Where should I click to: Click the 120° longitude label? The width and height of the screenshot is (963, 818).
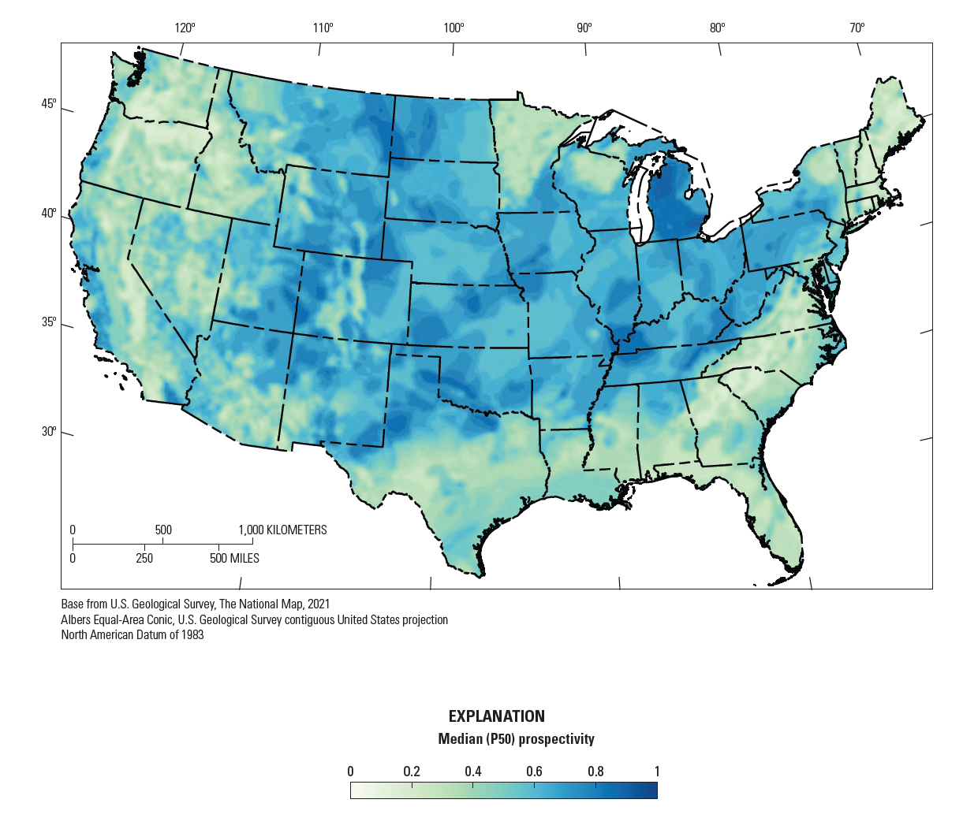click(x=185, y=28)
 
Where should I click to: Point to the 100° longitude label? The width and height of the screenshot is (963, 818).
click(x=454, y=28)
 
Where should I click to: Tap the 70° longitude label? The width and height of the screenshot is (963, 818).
click(x=857, y=28)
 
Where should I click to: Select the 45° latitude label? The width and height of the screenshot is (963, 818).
click(x=49, y=104)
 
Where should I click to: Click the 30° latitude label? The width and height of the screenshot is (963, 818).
click(x=49, y=432)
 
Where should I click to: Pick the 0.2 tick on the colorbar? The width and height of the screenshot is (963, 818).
click(x=412, y=772)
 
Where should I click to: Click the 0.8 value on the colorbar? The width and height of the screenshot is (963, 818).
click(x=595, y=772)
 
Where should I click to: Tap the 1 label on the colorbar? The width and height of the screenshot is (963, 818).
click(x=657, y=772)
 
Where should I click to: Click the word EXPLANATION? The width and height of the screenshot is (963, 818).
click(x=497, y=716)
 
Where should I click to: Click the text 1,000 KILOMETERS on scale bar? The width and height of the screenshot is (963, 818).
click(x=282, y=530)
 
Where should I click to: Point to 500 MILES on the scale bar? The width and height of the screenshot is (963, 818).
click(x=234, y=559)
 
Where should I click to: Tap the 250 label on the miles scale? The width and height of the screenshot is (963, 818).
click(x=144, y=559)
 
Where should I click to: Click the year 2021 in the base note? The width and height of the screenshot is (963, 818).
click(x=317, y=604)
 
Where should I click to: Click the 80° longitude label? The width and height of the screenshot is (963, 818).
click(x=717, y=28)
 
